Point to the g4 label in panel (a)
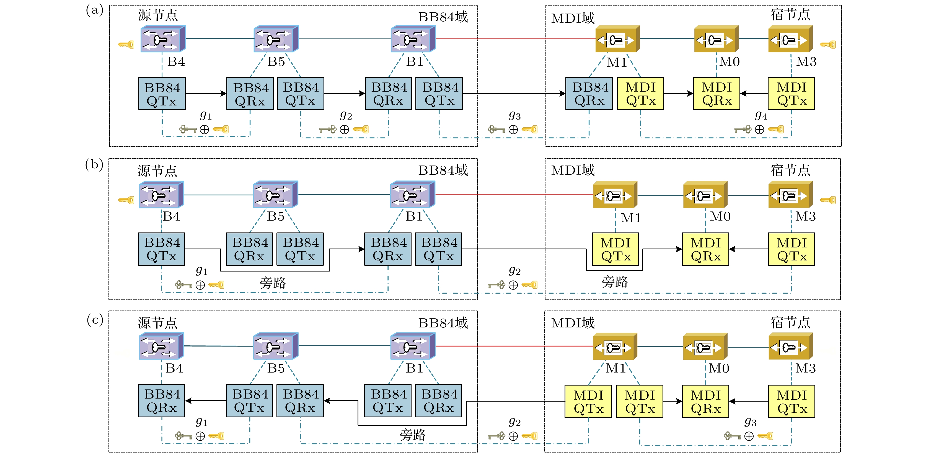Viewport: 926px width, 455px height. tap(761, 115)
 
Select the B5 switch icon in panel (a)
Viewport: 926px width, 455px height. tap(276, 39)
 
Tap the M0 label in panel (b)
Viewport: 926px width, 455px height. tap(720, 216)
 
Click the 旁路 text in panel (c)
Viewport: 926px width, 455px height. tap(413, 435)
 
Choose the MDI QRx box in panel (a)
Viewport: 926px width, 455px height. tap(717, 94)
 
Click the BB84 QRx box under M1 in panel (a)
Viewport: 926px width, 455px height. tap(589, 94)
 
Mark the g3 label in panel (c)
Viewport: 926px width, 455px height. tap(750, 422)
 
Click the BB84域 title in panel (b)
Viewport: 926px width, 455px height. tap(443, 170)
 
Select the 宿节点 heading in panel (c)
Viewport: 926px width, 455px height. tap(790, 322)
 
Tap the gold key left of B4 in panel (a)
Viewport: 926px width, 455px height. tap(126, 45)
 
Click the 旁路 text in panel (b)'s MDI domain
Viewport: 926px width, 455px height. tap(615, 282)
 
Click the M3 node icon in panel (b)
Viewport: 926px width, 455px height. tap(790, 195)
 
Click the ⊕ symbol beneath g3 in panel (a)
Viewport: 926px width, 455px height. tap(513, 129)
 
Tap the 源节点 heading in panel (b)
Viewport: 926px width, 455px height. tap(157, 171)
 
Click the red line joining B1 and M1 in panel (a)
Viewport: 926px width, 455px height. tap(514, 39)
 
